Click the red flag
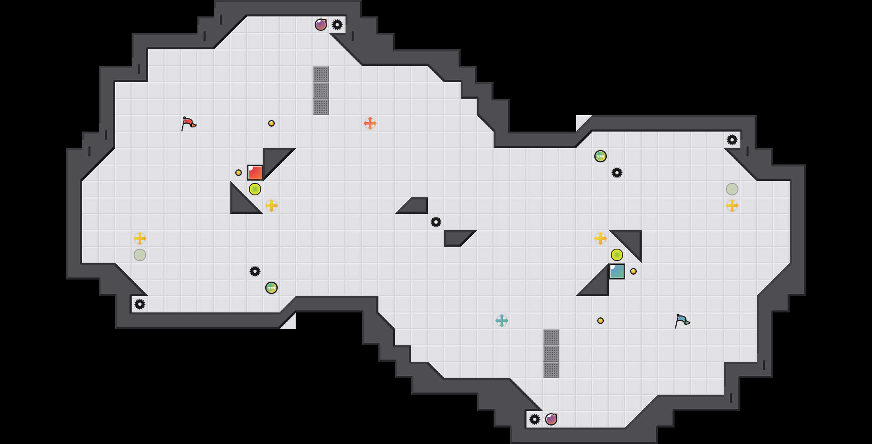[x=188, y=123]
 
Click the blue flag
[x=682, y=320]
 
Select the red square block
[x=255, y=173]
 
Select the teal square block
[x=617, y=271]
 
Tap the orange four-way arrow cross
[x=370, y=123]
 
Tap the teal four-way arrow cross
[x=502, y=321]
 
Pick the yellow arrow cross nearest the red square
[x=271, y=206]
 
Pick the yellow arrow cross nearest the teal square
[x=601, y=238]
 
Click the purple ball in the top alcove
[x=321, y=25]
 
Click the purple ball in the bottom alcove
[x=551, y=419]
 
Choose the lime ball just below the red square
[x=255, y=189]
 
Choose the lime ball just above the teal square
[x=617, y=255]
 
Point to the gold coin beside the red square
[x=239, y=173]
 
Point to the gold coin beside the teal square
[x=633, y=271]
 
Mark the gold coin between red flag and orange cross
[x=271, y=123]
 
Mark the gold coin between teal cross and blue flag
[x=601, y=321]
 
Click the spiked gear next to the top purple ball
[x=337, y=25]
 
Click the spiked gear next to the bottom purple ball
[x=535, y=419]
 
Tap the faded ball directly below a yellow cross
[x=140, y=255]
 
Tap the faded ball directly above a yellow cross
[x=732, y=189]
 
